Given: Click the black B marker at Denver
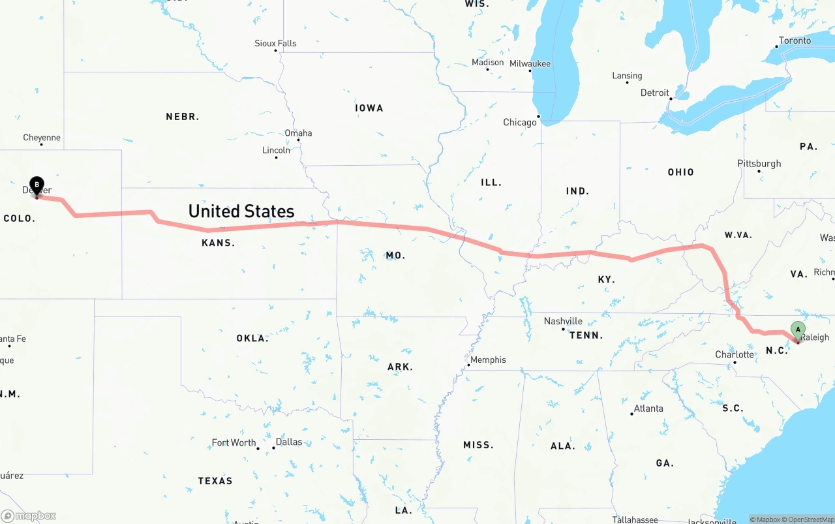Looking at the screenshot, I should pyautogui.click(x=37, y=185).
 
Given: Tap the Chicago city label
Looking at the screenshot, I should pyautogui.click(x=519, y=123).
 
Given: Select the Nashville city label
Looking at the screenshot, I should pyautogui.click(x=563, y=321).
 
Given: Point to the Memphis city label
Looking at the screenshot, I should pyautogui.click(x=488, y=360).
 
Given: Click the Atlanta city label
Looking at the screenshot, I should pyautogui.click(x=648, y=408).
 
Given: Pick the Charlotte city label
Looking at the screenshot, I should pyautogui.click(x=735, y=355).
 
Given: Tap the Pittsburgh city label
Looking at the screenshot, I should pyautogui.click(x=759, y=164).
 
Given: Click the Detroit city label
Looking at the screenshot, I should pyautogui.click(x=655, y=93).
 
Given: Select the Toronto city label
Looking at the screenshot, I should pyautogui.click(x=795, y=40).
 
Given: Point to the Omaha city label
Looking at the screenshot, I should pyautogui.click(x=298, y=133).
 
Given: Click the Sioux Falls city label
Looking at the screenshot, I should pyautogui.click(x=275, y=44).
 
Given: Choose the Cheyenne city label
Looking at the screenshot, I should pyautogui.click(x=42, y=138).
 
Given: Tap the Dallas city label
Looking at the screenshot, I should pyautogui.click(x=289, y=442).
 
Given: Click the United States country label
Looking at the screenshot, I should pyautogui.click(x=241, y=211).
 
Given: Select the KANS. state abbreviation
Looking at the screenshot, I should pyautogui.click(x=219, y=243).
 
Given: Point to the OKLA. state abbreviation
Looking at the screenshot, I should pyautogui.click(x=252, y=338).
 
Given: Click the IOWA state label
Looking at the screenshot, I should pyautogui.click(x=369, y=108).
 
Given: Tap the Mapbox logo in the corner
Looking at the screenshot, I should pyautogui.click(x=29, y=516).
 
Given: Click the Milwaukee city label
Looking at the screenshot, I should pyautogui.click(x=530, y=64).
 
